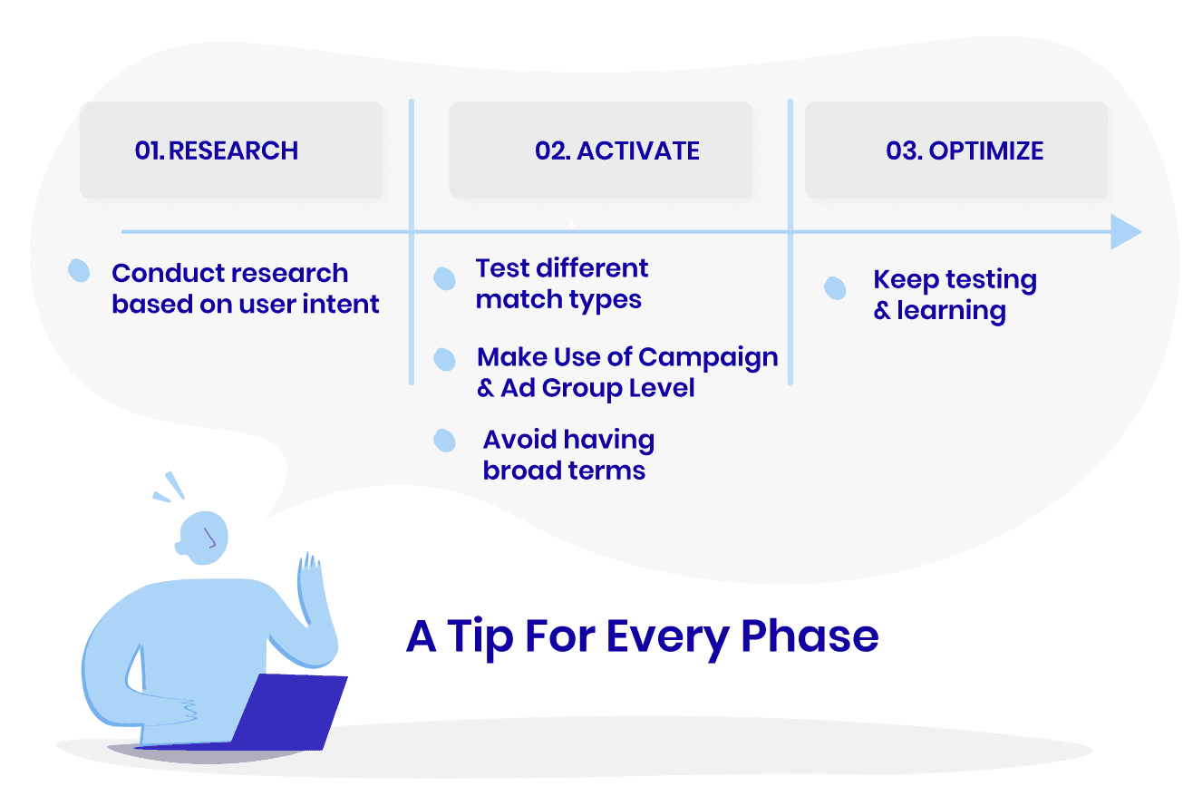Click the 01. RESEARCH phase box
click(x=231, y=150)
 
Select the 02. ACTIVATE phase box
click(x=600, y=150)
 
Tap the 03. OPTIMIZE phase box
click(x=956, y=150)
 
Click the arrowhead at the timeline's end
click(x=1125, y=233)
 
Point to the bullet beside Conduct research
click(x=80, y=270)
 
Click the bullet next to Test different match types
click(x=444, y=278)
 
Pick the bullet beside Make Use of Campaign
click(x=444, y=360)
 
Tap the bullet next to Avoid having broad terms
click(x=444, y=441)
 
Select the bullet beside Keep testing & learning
click(x=835, y=288)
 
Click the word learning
click(x=951, y=311)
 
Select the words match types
click(x=558, y=300)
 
